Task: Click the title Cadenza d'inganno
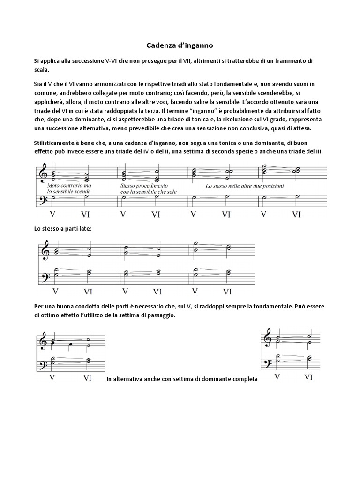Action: tap(180, 46)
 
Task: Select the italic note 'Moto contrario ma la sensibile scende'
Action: tap(69, 188)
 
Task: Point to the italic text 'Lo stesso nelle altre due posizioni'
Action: tap(244, 186)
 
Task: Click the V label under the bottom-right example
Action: tap(277, 376)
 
